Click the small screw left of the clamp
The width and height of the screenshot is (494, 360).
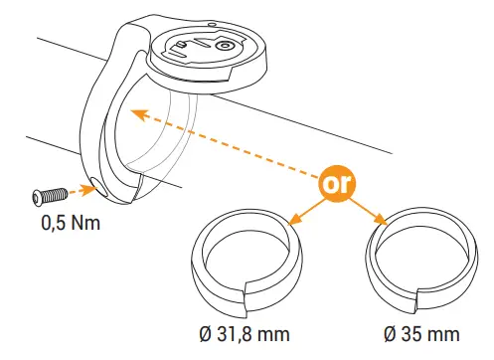tap(48, 192)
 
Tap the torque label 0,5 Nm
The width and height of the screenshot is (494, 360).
tap(72, 223)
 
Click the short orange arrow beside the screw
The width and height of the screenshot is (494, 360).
tap(74, 189)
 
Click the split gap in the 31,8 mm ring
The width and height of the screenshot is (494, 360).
tap(247, 292)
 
